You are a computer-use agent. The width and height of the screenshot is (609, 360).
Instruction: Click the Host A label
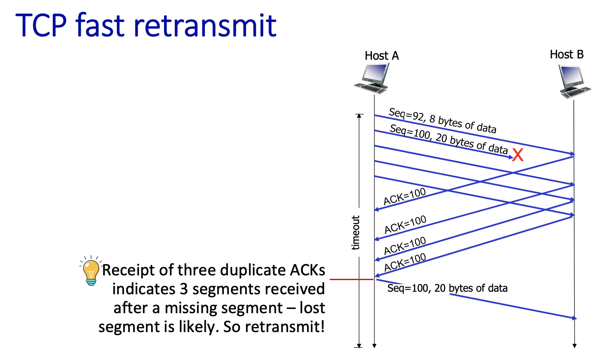coord(382,55)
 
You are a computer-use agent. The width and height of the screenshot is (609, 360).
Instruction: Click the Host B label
coord(566,55)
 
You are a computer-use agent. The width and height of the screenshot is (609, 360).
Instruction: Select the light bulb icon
coord(90,272)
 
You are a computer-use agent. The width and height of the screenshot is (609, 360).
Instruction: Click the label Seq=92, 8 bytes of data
coord(442,121)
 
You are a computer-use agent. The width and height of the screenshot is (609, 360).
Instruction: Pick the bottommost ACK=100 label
coord(405,262)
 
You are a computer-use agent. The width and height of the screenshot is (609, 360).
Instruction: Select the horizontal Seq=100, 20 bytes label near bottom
coord(447,288)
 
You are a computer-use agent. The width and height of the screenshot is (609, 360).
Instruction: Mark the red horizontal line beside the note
coord(351,280)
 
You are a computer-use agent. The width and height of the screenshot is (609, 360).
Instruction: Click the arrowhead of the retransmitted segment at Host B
coord(575,318)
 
